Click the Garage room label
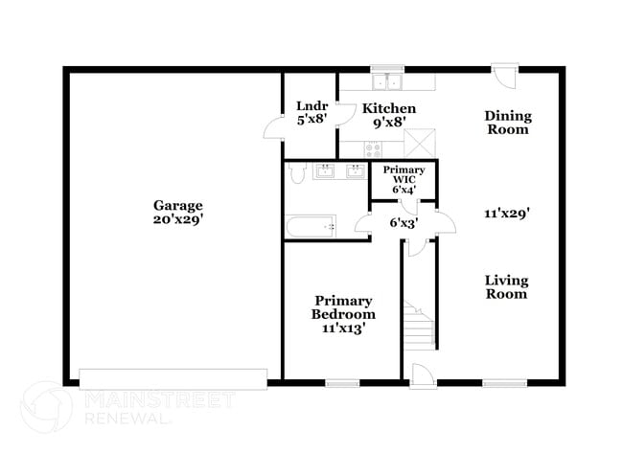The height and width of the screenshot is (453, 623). (177, 205)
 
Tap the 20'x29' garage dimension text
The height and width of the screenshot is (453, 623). (177, 219)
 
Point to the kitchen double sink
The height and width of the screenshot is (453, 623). (387, 80)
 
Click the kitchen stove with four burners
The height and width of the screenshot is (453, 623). (373, 147)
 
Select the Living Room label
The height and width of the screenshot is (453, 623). (505, 286)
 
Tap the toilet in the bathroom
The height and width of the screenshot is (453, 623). (296, 172)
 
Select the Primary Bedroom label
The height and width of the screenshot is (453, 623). (343, 313)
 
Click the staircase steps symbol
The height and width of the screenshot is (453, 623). (417, 326)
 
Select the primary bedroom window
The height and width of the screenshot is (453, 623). (341, 383)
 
